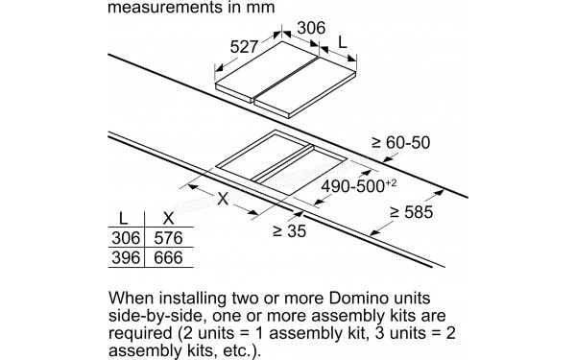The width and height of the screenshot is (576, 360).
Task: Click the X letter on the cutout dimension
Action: pyautogui.click(x=224, y=200)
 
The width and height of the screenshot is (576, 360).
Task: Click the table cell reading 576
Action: pyautogui.click(x=168, y=238)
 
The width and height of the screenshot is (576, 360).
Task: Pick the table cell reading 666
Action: pyautogui.click(x=168, y=256)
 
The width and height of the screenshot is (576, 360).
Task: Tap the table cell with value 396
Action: pyautogui.click(x=126, y=256)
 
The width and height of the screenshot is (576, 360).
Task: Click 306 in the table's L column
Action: pyautogui.click(x=126, y=238)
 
